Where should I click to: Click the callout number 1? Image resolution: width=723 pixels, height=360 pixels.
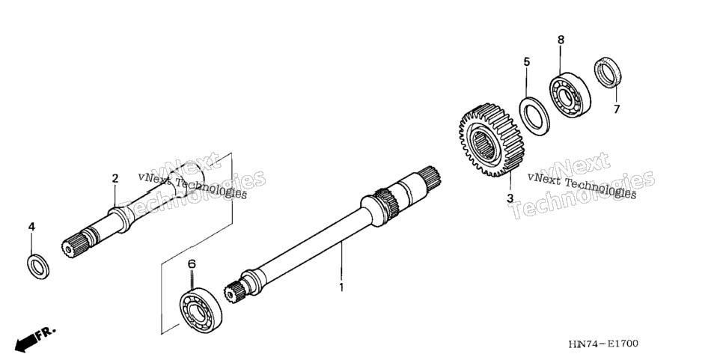341,287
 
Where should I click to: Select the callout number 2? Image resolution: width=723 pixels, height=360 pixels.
115,178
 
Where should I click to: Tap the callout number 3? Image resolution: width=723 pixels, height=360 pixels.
510,198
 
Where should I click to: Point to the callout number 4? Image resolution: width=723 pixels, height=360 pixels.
31,227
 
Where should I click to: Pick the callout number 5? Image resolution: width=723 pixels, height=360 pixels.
527,62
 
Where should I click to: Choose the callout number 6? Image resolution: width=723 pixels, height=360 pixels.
192,264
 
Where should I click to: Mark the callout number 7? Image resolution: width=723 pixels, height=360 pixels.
617,109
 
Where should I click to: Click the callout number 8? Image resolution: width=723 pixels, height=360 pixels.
561,40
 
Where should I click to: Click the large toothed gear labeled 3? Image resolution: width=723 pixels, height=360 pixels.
487,140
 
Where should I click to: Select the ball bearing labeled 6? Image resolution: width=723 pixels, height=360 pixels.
200,310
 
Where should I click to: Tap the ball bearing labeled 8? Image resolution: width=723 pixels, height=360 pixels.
570,94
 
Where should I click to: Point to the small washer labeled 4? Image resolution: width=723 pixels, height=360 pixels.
38,266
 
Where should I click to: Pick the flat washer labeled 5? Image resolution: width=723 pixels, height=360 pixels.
534,117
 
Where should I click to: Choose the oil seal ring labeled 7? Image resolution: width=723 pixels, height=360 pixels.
607,73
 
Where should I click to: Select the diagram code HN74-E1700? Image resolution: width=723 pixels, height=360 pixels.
603,344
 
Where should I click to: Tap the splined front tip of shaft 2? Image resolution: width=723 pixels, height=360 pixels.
71,245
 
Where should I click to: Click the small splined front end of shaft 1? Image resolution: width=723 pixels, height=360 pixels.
232,292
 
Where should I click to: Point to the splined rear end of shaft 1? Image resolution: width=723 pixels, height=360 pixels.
430,176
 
